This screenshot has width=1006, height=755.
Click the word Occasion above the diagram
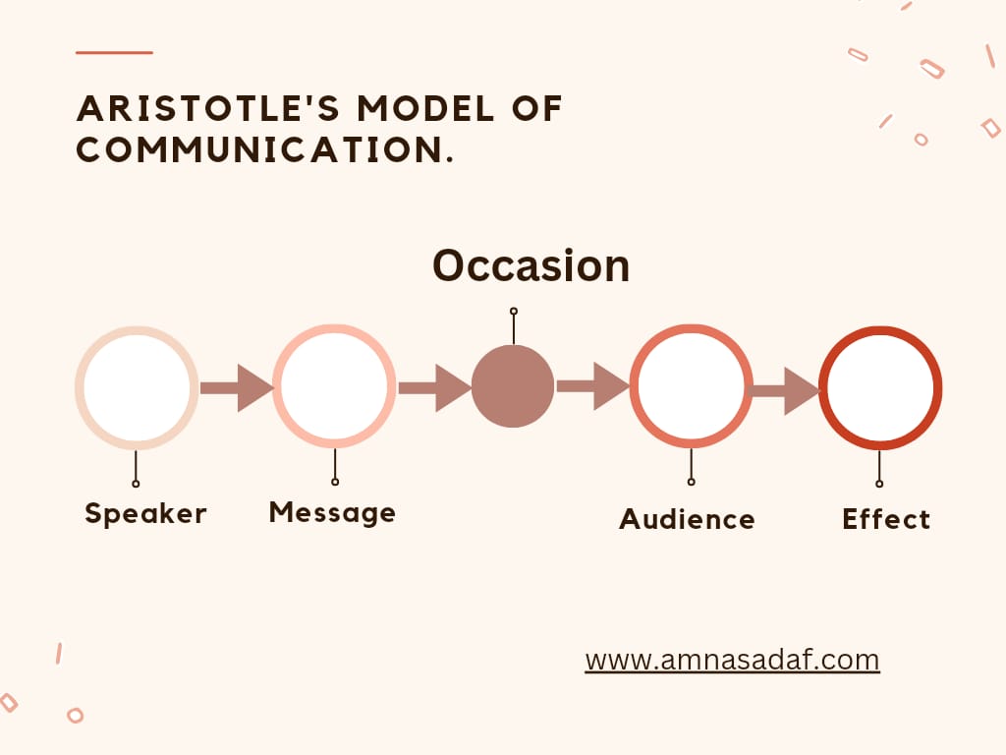(531, 265)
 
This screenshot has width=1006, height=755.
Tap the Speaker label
(145, 513)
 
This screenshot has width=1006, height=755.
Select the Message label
(332, 512)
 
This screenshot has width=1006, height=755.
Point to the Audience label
(687, 519)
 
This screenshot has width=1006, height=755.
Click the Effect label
(885, 519)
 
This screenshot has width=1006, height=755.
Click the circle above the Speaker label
(137, 387)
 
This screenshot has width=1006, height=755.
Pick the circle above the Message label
(334, 386)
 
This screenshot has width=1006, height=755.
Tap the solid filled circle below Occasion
(513, 386)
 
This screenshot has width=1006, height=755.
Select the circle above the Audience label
(691, 386)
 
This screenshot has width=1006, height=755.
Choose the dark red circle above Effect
(879, 387)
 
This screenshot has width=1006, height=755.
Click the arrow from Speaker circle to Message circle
(236, 387)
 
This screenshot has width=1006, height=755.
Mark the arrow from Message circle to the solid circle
(434, 387)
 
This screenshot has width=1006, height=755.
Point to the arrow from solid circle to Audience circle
(592, 386)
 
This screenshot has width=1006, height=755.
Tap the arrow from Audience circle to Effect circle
(786, 390)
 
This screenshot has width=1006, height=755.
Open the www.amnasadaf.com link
(732, 659)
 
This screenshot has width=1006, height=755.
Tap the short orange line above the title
(114, 52)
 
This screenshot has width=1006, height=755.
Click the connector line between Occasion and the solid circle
(513, 328)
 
